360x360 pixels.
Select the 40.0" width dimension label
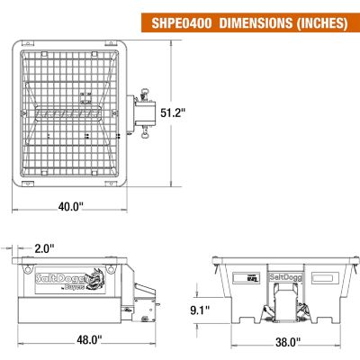click(71, 205)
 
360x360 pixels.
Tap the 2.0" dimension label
click(43, 247)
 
